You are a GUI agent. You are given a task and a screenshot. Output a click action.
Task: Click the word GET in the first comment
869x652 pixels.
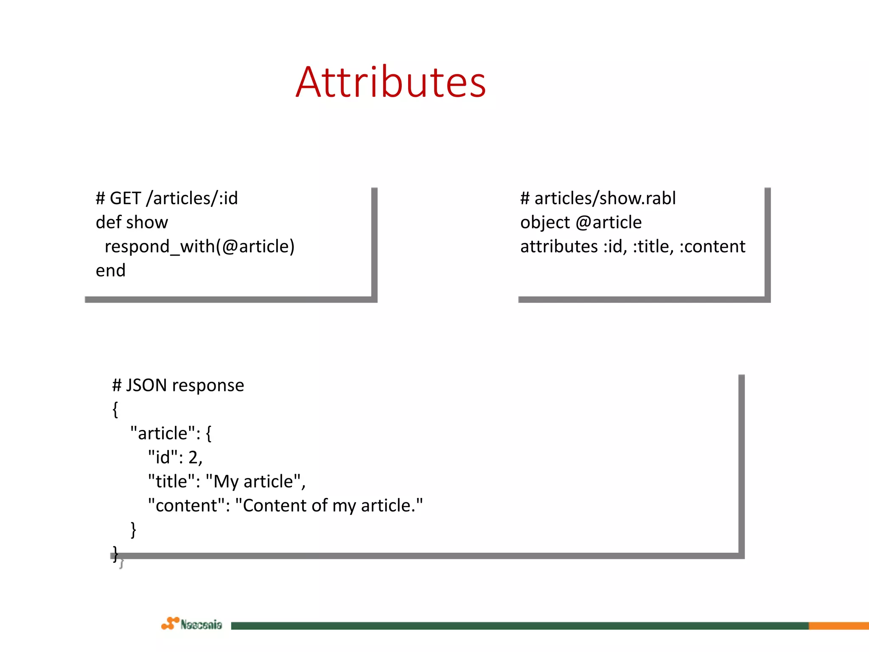[x=125, y=198]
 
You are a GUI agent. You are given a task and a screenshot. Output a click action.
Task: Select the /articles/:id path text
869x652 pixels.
[x=192, y=198]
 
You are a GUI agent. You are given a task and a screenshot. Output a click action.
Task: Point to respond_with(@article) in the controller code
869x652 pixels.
[x=199, y=247]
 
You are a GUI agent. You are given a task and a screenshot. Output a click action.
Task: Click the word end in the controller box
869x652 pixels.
[x=110, y=271]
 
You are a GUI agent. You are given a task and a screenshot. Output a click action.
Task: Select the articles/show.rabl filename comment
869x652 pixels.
[x=605, y=198]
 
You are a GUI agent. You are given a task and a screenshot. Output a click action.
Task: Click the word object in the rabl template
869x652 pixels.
[x=545, y=222]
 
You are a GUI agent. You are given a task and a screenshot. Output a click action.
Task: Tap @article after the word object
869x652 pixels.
[x=608, y=222]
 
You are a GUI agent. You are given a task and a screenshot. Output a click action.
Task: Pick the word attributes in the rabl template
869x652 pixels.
[x=559, y=247]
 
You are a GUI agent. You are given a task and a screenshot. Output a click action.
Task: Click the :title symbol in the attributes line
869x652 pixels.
[x=653, y=247]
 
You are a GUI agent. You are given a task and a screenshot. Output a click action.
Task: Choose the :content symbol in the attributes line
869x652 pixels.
[x=712, y=247]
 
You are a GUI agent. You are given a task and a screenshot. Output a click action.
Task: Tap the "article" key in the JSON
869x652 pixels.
[x=162, y=433]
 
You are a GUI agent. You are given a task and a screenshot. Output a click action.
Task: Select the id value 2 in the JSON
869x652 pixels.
[x=193, y=458]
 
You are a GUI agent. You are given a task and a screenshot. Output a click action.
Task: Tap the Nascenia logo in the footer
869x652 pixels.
[x=192, y=624]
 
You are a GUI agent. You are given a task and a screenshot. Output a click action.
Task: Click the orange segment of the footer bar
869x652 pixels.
[x=838, y=626]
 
